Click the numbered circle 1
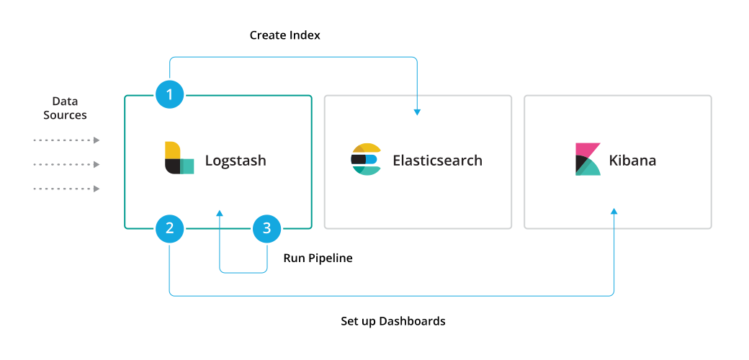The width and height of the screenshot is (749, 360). coord(170,94)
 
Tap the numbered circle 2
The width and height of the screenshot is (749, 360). coord(170,229)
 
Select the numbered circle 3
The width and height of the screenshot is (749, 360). coord(267,229)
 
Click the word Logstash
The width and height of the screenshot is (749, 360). coord(236,161)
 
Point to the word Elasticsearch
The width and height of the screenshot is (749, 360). coord(437,161)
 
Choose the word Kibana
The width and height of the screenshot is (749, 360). coord(632,161)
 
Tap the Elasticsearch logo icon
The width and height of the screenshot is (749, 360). coord(366,160)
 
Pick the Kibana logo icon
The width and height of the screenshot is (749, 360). coord(588,159)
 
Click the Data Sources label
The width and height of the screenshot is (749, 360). coord(65,108)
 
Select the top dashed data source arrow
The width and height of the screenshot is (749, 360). coord(66,140)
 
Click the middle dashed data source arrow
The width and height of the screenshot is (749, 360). coord(66,165)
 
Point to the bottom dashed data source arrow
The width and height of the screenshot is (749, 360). coord(66,189)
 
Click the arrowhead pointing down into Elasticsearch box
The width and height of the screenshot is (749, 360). coord(417,112)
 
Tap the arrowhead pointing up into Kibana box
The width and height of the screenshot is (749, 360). coord(614,212)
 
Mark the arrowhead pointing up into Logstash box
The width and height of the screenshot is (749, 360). coord(220,213)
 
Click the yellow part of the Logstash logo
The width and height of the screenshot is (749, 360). coord(172,150)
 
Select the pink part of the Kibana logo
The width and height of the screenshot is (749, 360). coord(585,150)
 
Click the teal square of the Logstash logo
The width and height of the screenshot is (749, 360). coord(187,166)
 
